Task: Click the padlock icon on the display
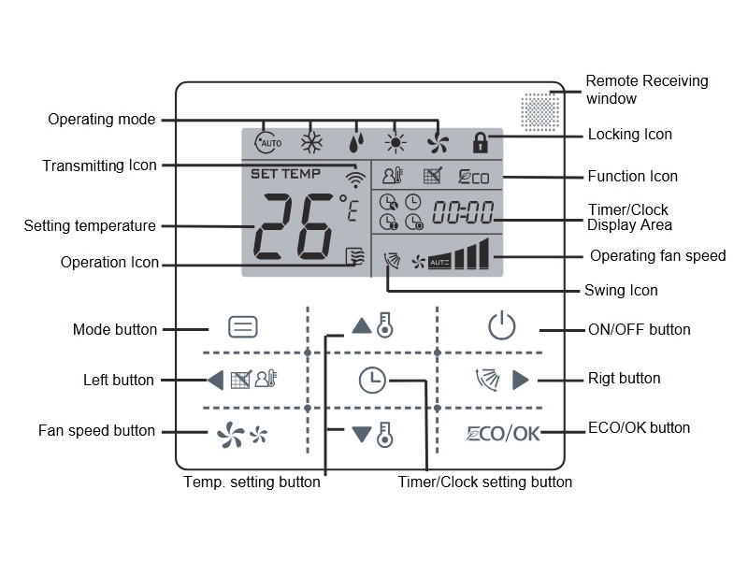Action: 481,142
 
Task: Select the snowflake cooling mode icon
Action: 310,143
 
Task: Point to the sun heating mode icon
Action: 396,143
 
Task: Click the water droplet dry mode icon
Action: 354,143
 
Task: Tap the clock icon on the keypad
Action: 372,380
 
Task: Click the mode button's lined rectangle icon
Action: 243,328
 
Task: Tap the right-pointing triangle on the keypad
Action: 521,380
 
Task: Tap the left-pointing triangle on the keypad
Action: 215,381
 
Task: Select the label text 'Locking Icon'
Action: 629,135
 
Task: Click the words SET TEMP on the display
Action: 285,174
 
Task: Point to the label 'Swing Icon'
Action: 621,290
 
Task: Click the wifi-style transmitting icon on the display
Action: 355,179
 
